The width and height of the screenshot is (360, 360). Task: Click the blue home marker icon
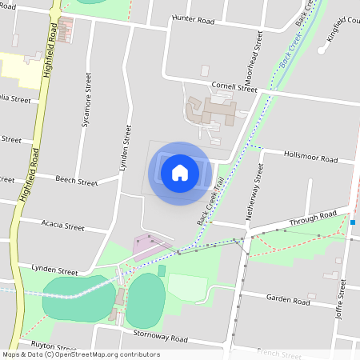coord(180,173)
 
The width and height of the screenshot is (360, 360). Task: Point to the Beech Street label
coord(76,182)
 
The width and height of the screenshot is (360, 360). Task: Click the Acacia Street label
coord(62,226)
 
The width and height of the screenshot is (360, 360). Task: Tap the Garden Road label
coord(288,302)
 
